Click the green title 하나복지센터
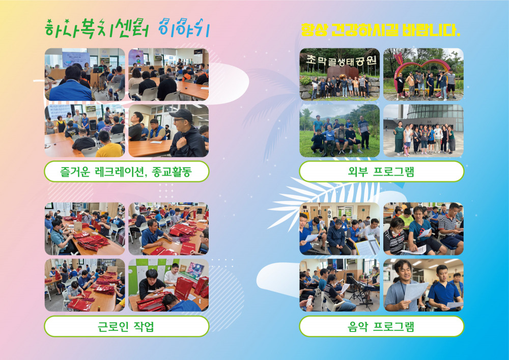[97, 29]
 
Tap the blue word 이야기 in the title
[184, 28]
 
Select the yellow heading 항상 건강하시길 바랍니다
[380, 30]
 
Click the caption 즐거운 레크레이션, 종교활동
[126, 172]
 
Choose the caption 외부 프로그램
[381, 172]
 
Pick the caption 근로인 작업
[126, 326]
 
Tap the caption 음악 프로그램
[381, 326]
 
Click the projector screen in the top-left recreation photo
[76, 59]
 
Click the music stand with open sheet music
[367, 247]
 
